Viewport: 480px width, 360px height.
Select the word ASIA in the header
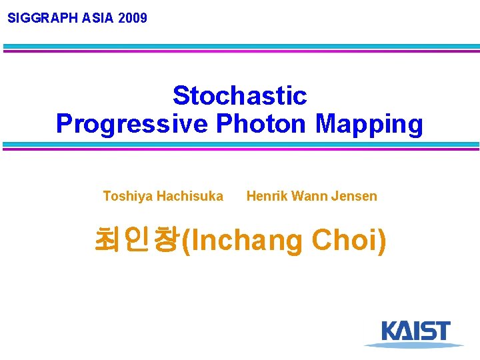[98, 18]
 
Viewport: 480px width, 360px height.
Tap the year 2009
[133, 18]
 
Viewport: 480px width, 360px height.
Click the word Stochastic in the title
[239, 96]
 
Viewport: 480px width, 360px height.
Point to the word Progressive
[131, 124]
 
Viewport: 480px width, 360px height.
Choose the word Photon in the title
[261, 124]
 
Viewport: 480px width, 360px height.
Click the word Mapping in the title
[369, 124]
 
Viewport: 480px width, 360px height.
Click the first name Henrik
[265, 196]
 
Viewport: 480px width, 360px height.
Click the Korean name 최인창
[137, 240]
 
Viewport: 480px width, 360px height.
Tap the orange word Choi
[347, 241]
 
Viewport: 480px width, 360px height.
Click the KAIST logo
[415, 333]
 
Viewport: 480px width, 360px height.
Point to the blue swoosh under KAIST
[413, 345]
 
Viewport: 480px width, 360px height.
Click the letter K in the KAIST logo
[390, 331]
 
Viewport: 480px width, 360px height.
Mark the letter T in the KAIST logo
[441, 331]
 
